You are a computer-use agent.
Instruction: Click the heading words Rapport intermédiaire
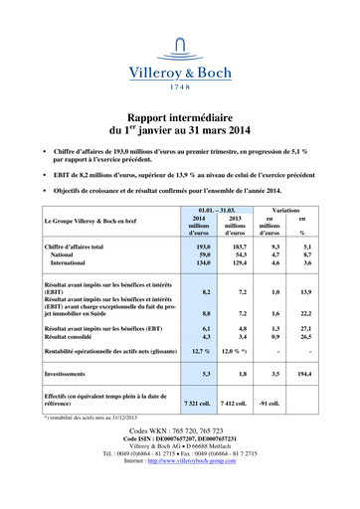click(180, 116)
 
